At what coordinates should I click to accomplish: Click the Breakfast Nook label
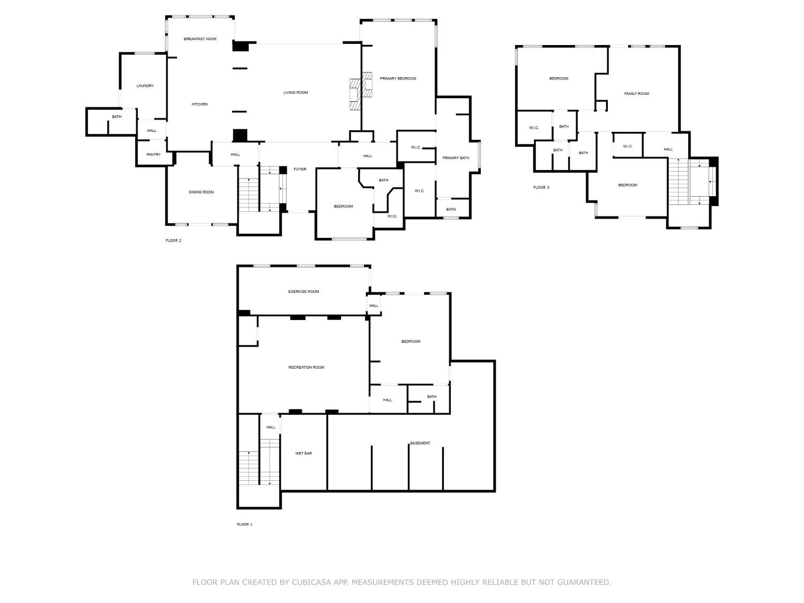pyautogui.click(x=200, y=39)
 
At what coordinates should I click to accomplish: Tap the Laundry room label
pyautogui.click(x=145, y=86)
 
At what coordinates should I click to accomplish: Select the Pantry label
pyautogui.click(x=153, y=155)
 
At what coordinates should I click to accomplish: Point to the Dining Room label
pyautogui.click(x=201, y=192)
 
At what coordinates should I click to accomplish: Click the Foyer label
pyautogui.click(x=300, y=169)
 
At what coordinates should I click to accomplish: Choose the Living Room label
pyautogui.click(x=295, y=93)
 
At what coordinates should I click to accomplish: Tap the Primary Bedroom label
pyautogui.click(x=398, y=79)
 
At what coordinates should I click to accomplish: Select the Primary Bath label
pyautogui.click(x=456, y=158)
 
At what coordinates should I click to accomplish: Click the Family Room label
pyautogui.click(x=636, y=94)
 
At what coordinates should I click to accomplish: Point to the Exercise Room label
pyautogui.click(x=303, y=292)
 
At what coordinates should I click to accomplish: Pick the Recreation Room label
pyautogui.click(x=306, y=368)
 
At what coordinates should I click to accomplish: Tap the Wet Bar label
pyautogui.click(x=303, y=453)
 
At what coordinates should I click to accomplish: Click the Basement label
pyautogui.click(x=420, y=443)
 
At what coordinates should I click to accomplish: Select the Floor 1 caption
pyautogui.click(x=244, y=524)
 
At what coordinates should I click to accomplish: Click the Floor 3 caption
pyautogui.click(x=541, y=188)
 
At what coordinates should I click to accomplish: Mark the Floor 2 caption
pyautogui.click(x=173, y=241)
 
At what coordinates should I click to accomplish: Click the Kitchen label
pyautogui.click(x=199, y=105)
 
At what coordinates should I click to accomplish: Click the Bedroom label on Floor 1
pyautogui.click(x=411, y=341)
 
